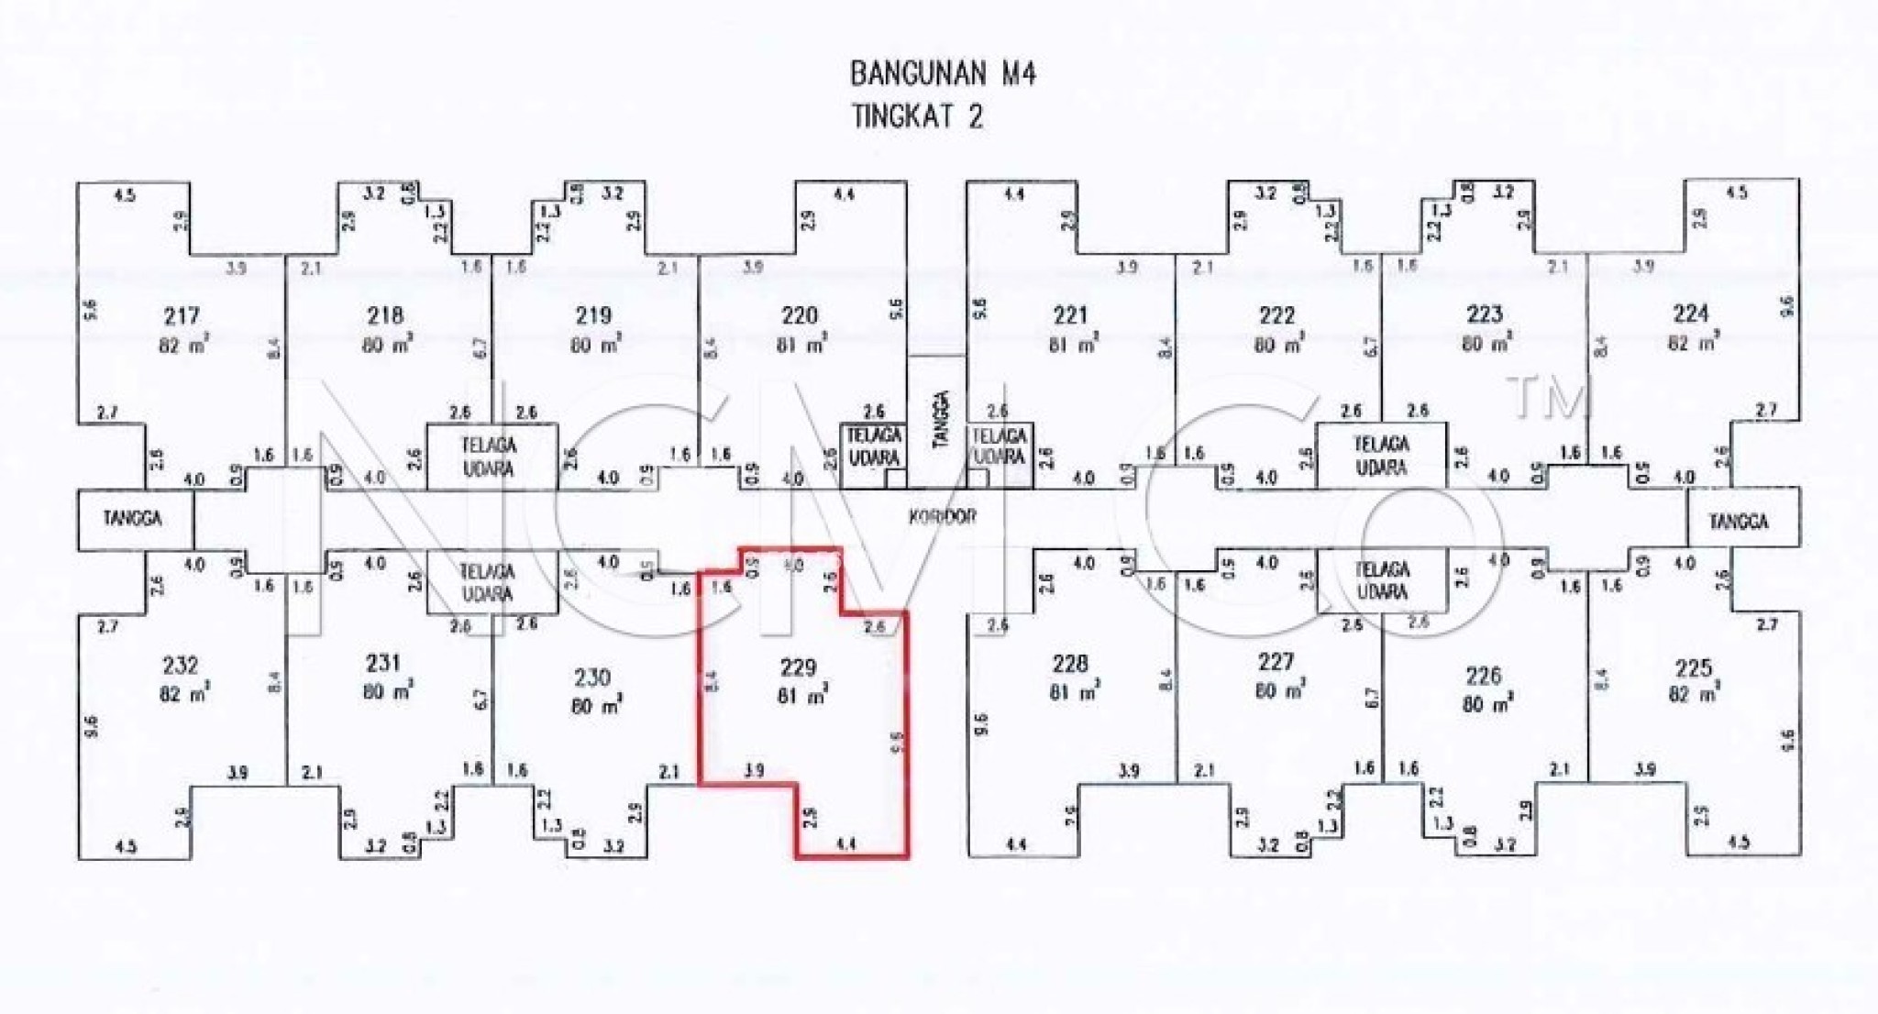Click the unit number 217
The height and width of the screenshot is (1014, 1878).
[182, 316]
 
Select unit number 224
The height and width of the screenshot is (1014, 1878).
[1690, 314]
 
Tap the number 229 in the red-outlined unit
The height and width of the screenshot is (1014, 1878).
[797, 667]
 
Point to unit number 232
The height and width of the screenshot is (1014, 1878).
[180, 666]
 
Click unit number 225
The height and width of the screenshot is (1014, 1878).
[1693, 667]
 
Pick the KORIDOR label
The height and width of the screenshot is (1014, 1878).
[942, 517]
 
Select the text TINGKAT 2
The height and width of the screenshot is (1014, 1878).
[917, 117]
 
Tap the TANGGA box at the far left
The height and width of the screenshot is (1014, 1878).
[134, 519]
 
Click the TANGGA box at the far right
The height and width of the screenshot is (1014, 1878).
[1739, 522]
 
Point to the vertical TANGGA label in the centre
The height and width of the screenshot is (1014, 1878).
[939, 420]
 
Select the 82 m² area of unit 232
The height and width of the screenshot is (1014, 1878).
[182, 694]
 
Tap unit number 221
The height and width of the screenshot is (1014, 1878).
[1070, 316]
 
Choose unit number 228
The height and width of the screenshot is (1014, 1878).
[1070, 663]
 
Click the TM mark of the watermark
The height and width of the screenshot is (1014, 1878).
[1548, 400]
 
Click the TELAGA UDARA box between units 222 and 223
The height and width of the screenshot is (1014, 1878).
[1381, 456]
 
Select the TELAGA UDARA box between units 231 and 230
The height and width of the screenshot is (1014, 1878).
[487, 582]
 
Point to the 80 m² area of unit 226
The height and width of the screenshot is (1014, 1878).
[1486, 704]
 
